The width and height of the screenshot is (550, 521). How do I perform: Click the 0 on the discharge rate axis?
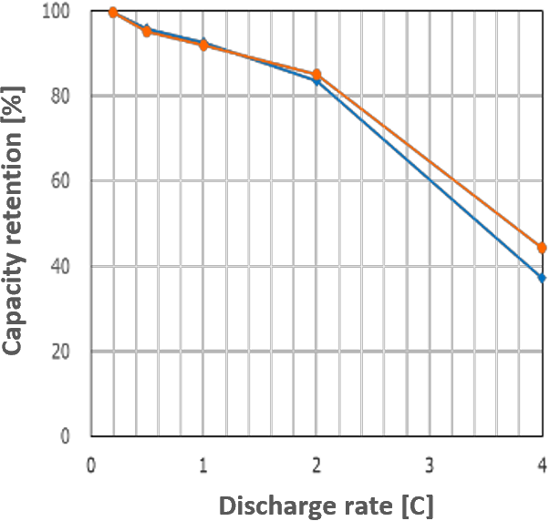91,465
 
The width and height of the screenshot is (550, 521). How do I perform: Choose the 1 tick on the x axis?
203,465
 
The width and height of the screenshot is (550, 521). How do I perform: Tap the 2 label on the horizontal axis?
317,465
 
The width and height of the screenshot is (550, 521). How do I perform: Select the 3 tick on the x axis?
430,465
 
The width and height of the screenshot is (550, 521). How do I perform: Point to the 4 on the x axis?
542,465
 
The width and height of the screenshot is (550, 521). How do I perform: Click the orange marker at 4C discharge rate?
542,248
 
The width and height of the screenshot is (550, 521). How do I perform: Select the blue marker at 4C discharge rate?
542,278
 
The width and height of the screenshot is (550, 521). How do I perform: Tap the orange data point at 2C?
317,75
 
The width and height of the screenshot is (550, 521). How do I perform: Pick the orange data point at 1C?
203,45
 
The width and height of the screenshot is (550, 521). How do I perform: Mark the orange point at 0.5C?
147,32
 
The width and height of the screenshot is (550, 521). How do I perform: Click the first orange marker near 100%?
113,13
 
